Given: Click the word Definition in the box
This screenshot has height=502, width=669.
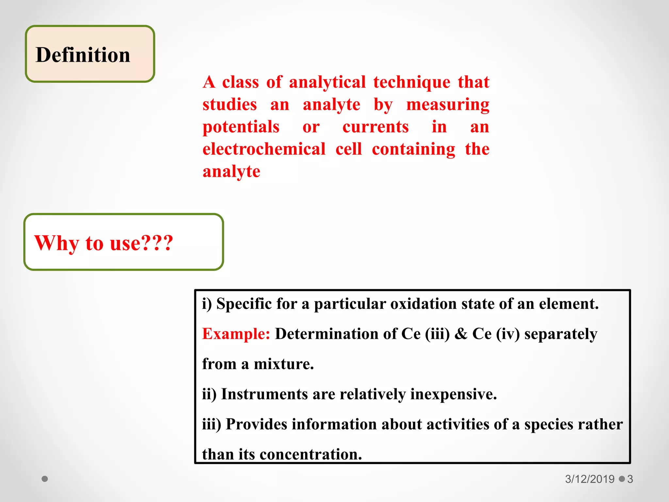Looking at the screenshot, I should pyautogui.click(x=83, y=55).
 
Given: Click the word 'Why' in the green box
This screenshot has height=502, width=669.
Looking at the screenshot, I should pyautogui.click(x=57, y=243).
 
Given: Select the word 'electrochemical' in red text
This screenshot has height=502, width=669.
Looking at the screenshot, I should pyautogui.click(x=264, y=149).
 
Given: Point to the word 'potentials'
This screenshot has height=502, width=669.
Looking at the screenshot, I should pyautogui.click(x=241, y=127).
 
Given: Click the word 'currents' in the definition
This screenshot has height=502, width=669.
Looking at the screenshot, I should pyautogui.click(x=375, y=127).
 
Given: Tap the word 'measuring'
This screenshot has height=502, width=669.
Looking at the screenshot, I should pyautogui.click(x=448, y=105).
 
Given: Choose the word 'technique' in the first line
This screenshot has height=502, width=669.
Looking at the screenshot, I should pyautogui.click(x=412, y=82).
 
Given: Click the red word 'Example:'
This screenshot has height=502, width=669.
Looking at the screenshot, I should pyautogui.click(x=236, y=334).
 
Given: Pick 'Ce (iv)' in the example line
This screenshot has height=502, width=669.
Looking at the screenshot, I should pyautogui.click(x=496, y=334).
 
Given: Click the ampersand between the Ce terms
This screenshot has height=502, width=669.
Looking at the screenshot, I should pyautogui.click(x=461, y=334).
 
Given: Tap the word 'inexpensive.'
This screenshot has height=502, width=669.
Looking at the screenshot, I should pyautogui.click(x=453, y=394).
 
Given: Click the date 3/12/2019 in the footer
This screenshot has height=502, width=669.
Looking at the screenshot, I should pyautogui.click(x=590, y=479).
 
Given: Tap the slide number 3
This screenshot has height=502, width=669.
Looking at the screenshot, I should pyautogui.click(x=630, y=479).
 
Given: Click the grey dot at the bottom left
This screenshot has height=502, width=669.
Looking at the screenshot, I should pyautogui.click(x=45, y=479).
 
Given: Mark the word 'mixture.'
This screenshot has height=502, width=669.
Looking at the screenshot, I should pyautogui.click(x=284, y=364).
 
